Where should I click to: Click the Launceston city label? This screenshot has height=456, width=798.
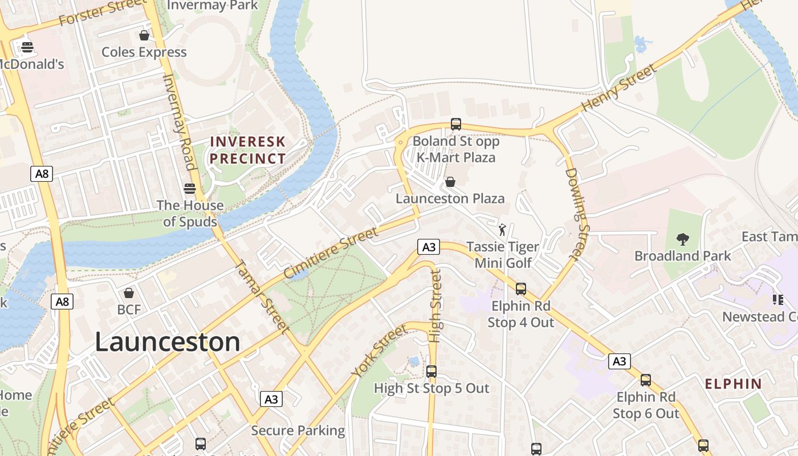click(167, 342)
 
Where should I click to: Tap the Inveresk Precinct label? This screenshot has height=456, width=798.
click(247, 150)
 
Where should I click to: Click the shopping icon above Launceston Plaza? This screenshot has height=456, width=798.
click(450, 182)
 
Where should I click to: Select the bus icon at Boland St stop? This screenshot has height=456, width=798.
click(455, 124)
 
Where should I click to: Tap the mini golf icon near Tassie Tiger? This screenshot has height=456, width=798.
click(502, 230)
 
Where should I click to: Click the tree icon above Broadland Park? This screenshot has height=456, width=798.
click(682, 239)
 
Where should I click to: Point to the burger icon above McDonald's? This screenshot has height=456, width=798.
click(27, 47)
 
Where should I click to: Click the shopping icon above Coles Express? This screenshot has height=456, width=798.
click(144, 35)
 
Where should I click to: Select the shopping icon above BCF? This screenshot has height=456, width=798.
click(129, 293)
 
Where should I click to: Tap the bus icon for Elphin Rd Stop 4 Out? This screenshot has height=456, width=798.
click(520, 289)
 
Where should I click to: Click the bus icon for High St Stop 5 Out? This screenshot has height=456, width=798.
click(431, 372)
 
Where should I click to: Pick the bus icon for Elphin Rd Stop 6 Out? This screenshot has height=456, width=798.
click(645, 380)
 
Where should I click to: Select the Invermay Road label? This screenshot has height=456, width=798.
click(178, 121)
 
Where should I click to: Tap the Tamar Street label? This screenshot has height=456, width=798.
click(260, 296)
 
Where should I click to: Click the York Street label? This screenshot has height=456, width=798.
click(380, 351)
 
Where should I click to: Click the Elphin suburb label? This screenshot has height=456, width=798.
click(733, 384)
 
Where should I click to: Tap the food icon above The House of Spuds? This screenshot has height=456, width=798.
click(190, 188)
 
